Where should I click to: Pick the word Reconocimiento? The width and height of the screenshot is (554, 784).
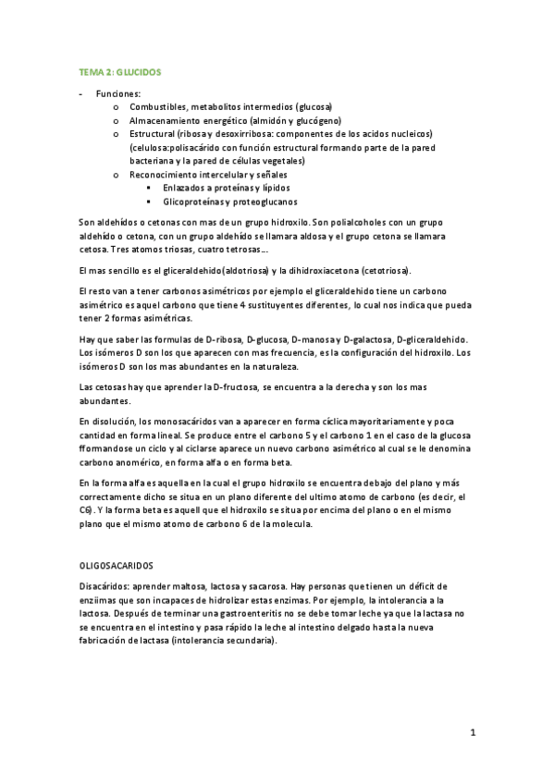[169, 174]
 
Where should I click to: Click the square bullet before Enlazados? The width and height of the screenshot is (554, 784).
[148, 188]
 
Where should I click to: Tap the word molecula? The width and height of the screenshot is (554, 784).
[293, 525]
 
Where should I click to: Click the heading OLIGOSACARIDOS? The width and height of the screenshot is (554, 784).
[117, 564]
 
